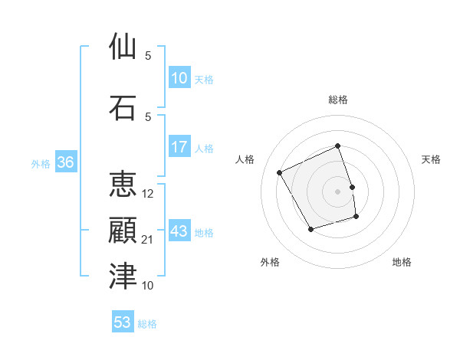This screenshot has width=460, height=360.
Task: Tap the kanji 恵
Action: coord(123,185)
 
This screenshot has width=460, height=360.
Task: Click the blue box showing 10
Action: coord(179,78)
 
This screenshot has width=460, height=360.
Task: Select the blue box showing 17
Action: coord(179,147)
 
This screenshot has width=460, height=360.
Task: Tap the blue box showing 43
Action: coord(179,231)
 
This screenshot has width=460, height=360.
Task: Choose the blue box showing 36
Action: coord(65,162)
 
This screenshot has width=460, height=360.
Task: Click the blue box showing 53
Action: coord(122,322)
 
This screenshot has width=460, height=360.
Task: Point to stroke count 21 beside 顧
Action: coord(148,240)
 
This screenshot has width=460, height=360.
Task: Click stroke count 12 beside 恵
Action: coord(148,194)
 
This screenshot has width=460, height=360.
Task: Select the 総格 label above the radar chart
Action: coord(338,100)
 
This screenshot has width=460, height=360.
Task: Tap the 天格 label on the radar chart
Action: coord(432,159)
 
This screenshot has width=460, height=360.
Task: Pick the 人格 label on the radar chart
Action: coord(245,159)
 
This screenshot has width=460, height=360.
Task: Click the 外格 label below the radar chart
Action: coord(270,262)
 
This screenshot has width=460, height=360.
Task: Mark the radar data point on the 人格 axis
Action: coord(280,173)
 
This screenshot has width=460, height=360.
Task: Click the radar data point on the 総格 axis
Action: coord(338,146)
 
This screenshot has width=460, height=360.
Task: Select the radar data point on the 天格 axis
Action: coord(352,187)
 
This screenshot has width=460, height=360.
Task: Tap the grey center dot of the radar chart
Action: coord(338,191)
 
